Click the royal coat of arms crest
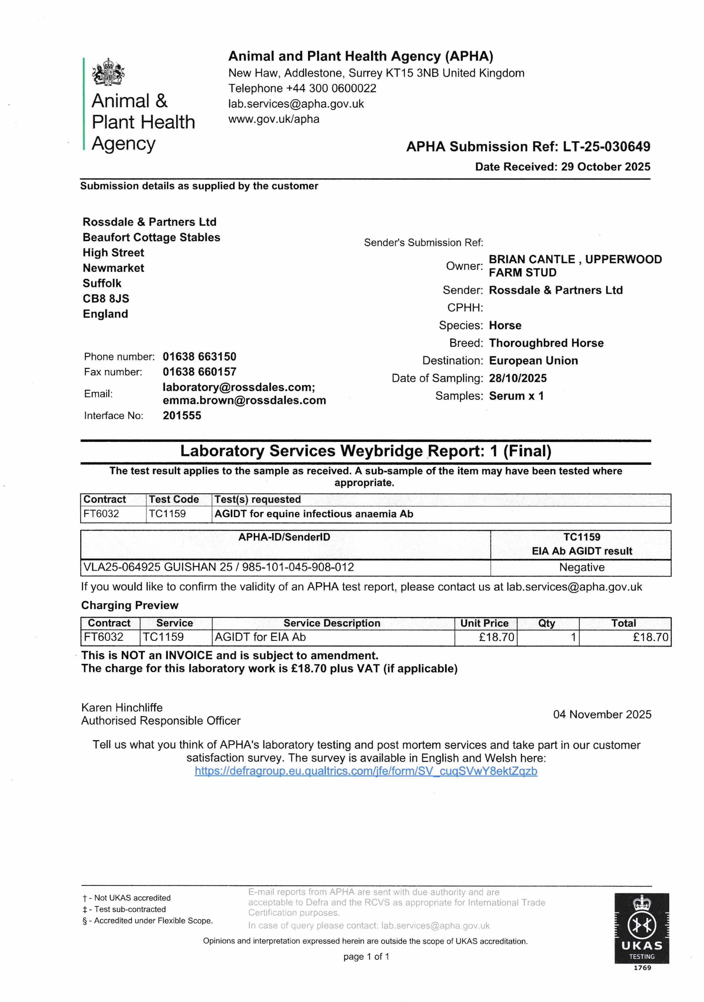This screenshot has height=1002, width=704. (x=108, y=72)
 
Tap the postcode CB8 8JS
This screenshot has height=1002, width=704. (x=106, y=299)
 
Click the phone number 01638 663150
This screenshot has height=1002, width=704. (x=199, y=357)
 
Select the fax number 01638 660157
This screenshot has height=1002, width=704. (x=199, y=372)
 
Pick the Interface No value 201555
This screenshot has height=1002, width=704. (x=182, y=415)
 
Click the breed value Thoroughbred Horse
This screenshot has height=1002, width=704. (x=546, y=343)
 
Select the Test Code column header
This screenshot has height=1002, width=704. (x=174, y=499)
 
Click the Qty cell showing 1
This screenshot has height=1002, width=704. (x=573, y=637)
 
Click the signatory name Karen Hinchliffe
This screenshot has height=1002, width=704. (x=122, y=707)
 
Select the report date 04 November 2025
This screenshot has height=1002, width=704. (x=602, y=714)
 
